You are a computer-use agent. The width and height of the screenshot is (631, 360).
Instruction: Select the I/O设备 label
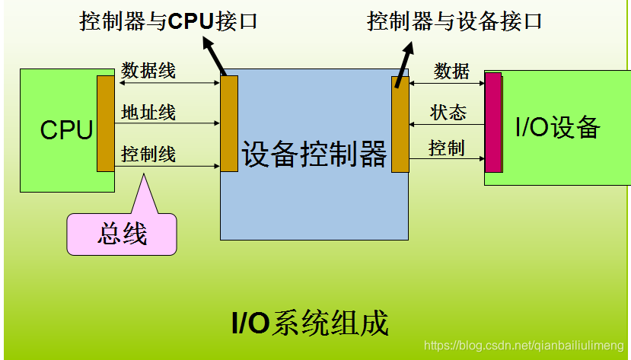pyautogui.click(x=557, y=127)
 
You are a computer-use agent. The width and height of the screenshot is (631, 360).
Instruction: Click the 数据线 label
pyautogui.click(x=148, y=71)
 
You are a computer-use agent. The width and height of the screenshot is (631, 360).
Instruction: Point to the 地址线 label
pyautogui.click(x=148, y=113)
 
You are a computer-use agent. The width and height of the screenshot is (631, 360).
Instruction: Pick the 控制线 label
pyautogui.click(x=148, y=155)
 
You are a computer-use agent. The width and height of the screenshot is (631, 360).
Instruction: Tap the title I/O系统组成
pyautogui.click(x=310, y=323)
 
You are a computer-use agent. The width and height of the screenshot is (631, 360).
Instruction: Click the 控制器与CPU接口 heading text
pyautogui.click(x=168, y=21)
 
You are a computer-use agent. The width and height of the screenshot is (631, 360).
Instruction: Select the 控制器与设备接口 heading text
pyautogui.click(x=454, y=21)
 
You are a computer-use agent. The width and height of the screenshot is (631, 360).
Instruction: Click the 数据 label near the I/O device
pyautogui.click(x=451, y=71)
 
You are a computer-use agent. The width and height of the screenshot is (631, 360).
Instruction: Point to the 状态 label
pyautogui.click(x=448, y=113)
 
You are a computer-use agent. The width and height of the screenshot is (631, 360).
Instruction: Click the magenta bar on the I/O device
pyautogui.click(x=493, y=123)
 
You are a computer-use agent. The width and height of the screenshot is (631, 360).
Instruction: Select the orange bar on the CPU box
pyautogui.click(x=105, y=123)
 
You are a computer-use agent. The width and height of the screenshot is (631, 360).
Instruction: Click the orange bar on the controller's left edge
pyautogui.click(x=228, y=123)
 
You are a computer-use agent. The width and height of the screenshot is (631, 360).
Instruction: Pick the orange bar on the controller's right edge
pyautogui.click(x=400, y=124)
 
